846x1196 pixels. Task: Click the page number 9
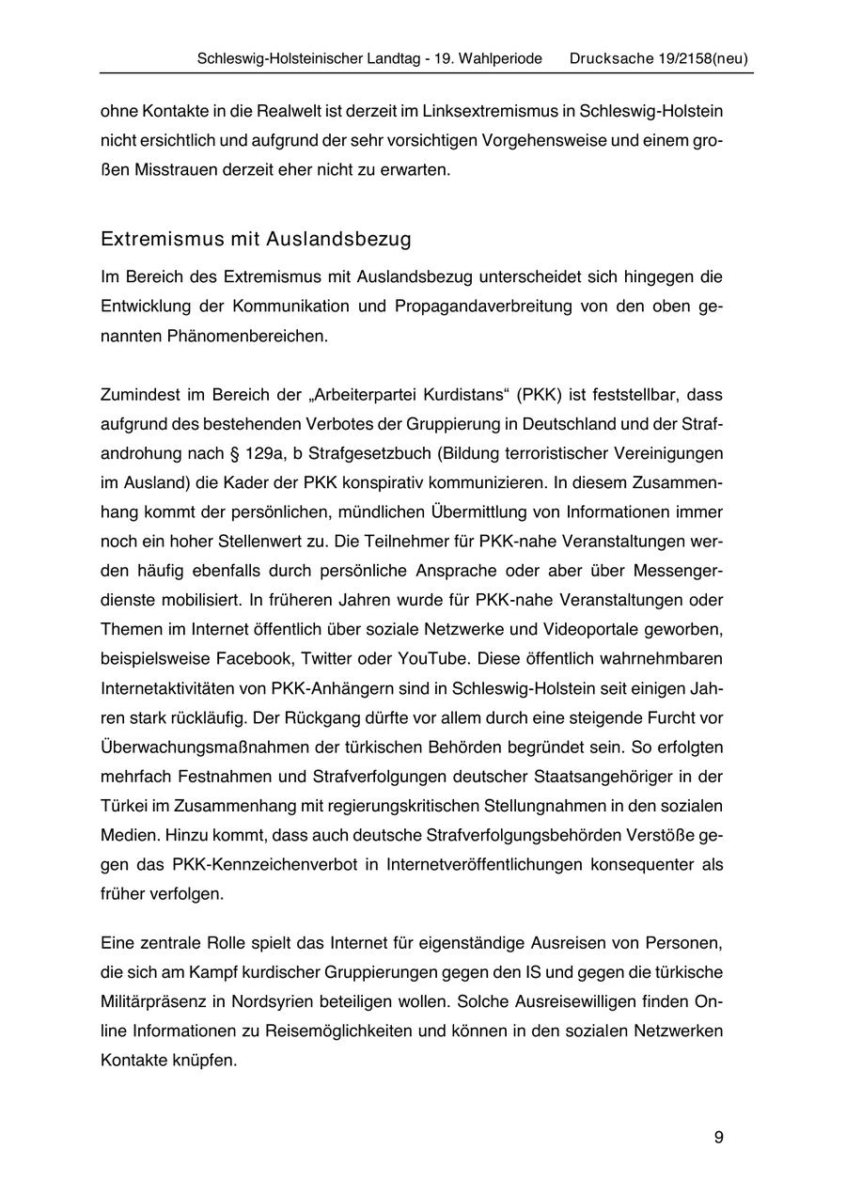pyautogui.click(x=718, y=1138)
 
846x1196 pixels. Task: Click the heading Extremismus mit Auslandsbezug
pyautogui.click(x=256, y=239)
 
